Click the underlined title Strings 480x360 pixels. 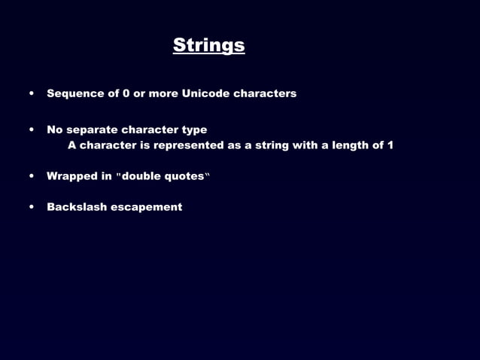coord(208,45)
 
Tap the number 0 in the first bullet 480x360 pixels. coord(126,93)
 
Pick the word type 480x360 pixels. coord(194,130)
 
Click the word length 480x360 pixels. coord(346,145)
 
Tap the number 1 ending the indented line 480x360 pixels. coord(390,145)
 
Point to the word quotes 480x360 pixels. coord(186,176)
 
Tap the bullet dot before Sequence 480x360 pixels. coord(32,94)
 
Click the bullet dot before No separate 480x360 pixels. coord(32,130)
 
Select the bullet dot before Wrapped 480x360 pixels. coord(32,177)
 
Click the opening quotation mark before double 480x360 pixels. coord(118,175)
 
